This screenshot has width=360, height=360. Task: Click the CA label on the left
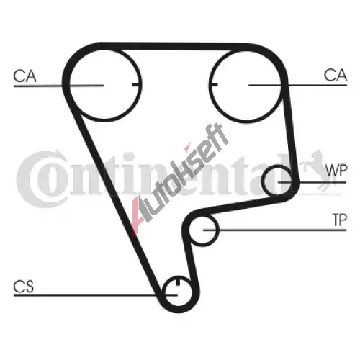(x=24, y=76)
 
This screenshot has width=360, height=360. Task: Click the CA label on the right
(x=336, y=75)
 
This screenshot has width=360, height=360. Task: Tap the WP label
(x=336, y=171)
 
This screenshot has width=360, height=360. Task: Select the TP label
(x=339, y=220)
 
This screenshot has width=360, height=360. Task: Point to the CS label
(x=24, y=287)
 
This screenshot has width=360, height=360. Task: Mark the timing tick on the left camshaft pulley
(x=136, y=84)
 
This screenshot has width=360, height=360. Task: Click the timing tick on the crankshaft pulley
(x=178, y=282)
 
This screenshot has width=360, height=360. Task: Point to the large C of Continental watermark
(x=41, y=179)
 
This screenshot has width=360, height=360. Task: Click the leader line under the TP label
(x=275, y=230)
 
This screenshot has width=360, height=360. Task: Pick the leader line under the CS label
(x=95, y=295)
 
